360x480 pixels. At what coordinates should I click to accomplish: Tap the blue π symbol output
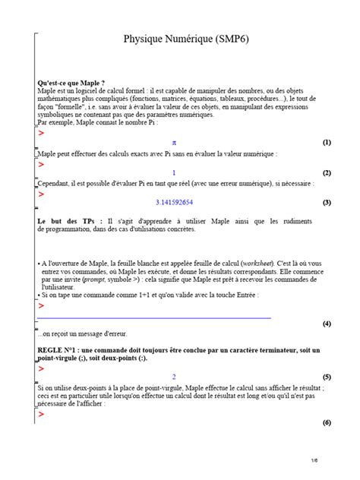coord(174,142)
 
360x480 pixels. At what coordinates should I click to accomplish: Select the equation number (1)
coord(327,142)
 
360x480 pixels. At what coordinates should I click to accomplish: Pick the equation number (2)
coord(327,172)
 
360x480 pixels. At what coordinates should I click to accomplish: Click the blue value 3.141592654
coord(174,203)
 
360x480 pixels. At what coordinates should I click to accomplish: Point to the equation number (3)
coord(327,203)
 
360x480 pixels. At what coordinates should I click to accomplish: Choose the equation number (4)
coord(327,324)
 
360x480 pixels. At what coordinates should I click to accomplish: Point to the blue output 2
coord(174,377)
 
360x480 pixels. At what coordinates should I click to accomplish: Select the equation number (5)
coord(327,377)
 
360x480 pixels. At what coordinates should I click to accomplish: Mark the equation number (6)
coord(327,422)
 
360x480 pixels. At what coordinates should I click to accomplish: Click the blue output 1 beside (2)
coord(174,172)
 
